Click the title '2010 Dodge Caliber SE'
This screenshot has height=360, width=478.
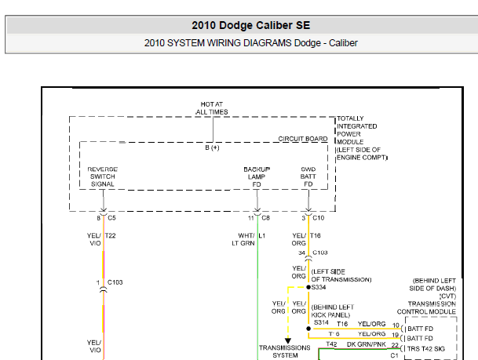(x=251, y=25)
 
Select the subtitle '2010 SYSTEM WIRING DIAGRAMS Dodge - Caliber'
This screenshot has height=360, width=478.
(x=251, y=43)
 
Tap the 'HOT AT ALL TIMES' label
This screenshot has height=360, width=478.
(x=212, y=108)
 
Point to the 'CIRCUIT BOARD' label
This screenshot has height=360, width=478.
(x=303, y=139)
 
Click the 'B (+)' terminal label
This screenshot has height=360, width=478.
(x=212, y=147)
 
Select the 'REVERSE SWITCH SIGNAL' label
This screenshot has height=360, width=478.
(x=102, y=176)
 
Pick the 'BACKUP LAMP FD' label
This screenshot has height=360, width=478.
(x=257, y=176)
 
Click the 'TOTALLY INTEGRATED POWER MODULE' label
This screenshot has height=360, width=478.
(x=356, y=130)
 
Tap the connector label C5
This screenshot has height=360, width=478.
(x=111, y=218)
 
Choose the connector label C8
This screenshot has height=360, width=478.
(x=265, y=218)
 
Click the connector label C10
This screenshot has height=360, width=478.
(x=318, y=218)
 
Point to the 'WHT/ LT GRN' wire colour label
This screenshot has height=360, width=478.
(x=243, y=239)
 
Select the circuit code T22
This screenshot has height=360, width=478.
(x=110, y=235)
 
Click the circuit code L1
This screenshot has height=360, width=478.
(x=262, y=235)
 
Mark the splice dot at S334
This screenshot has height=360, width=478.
(x=308, y=287)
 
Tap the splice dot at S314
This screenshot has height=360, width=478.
(x=308, y=329)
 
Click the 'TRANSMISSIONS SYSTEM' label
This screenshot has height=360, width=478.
(x=285, y=351)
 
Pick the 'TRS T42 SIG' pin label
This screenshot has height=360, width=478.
(x=426, y=349)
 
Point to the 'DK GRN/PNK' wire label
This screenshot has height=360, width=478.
(x=366, y=344)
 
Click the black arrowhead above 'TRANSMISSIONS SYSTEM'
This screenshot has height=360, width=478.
(x=288, y=340)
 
